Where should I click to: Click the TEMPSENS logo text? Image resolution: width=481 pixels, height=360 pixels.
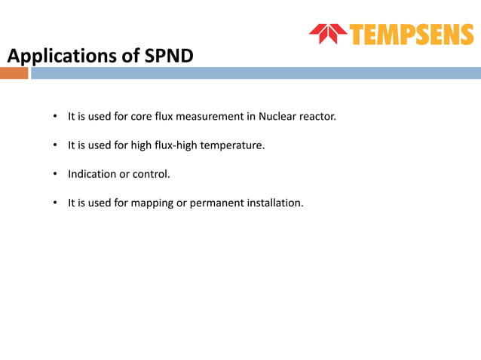point(412,34)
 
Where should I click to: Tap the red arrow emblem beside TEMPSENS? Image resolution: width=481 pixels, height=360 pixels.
point(328,34)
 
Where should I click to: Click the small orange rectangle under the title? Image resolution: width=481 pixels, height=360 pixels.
point(14,73)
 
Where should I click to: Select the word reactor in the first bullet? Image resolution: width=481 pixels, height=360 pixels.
point(317,117)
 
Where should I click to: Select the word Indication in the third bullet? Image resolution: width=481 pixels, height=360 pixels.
point(93,174)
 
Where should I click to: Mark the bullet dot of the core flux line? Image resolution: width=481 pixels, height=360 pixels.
point(55,117)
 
